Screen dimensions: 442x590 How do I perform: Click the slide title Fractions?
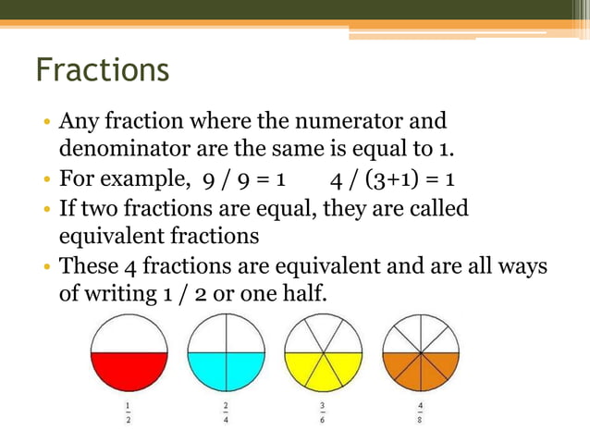pos(102,70)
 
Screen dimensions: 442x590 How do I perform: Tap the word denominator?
pos(124,149)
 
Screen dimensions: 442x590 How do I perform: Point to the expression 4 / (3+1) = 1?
pos(397,178)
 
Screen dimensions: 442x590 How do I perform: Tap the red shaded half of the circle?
pos(129,372)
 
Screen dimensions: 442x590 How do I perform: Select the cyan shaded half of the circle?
pos(227,372)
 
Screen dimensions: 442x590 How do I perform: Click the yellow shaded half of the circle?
pos(324,372)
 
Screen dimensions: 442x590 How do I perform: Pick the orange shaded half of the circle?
pos(421,372)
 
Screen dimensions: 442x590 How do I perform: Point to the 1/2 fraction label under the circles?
pos(128,412)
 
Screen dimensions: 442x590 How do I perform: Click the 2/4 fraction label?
pos(226,412)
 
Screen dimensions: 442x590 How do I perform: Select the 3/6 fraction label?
pos(323,412)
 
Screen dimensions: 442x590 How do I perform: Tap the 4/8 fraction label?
pos(420,412)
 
